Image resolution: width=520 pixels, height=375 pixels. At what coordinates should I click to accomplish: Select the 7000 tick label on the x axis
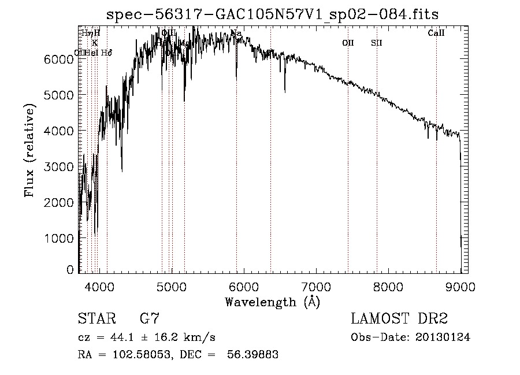316,285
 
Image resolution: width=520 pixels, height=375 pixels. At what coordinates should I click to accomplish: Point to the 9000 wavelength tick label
460,285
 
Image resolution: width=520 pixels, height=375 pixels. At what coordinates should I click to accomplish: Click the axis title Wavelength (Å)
272,301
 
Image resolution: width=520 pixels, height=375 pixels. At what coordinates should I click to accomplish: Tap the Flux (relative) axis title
30,151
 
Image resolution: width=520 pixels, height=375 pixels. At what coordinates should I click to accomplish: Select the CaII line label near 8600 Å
436,34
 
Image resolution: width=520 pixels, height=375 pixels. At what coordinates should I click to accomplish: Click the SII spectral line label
377,43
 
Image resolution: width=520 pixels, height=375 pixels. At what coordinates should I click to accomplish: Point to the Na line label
236,34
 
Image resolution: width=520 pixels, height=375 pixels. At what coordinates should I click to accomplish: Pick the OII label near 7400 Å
348,43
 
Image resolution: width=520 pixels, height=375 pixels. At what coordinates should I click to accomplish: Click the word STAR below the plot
96,318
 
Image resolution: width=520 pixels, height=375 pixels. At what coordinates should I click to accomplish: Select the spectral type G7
149,318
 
